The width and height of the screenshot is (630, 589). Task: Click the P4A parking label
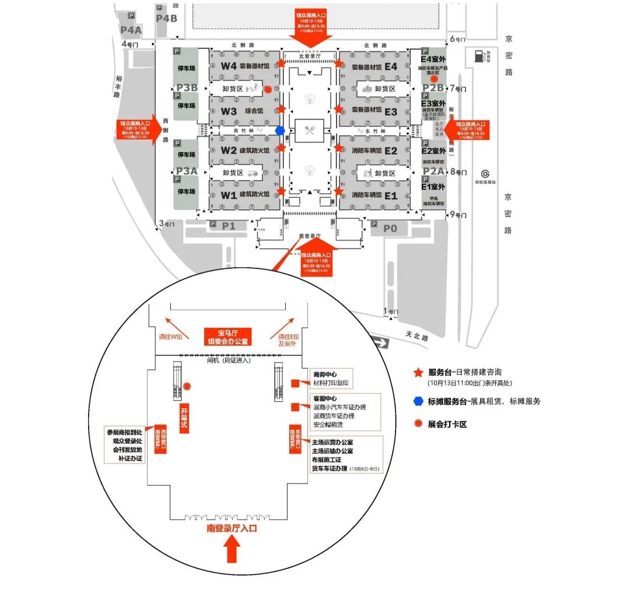tap(131, 30)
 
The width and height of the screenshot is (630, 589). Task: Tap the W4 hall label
tap(229, 66)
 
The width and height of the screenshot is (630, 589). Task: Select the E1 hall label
tap(391, 196)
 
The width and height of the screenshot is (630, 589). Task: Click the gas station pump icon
tap(478, 56)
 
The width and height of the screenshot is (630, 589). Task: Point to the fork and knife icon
tap(309, 130)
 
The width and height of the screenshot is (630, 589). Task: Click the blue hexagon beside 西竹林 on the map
tap(281, 131)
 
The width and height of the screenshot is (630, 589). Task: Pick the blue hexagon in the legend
tap(418, 401)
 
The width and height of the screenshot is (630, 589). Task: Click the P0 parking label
tap(390, 229)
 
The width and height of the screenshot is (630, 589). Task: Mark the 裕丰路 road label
tap(117, 86)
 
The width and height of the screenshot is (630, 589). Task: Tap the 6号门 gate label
tap(458, 40)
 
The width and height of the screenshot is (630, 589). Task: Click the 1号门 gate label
tap(391, 311)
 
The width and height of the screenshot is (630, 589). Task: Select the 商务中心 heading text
tap(325, 374)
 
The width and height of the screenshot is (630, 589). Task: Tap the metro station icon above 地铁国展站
tap(485, 173)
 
